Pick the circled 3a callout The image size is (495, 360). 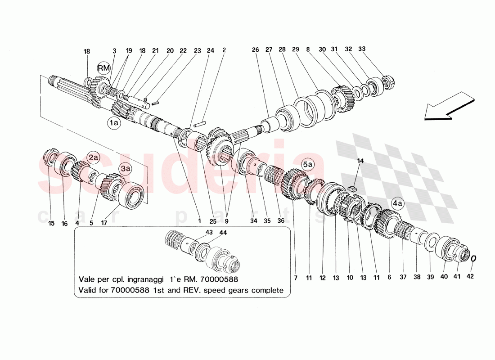click(126, 169)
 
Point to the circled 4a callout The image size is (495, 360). click(398, 202)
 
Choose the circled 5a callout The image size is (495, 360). click(308, 165)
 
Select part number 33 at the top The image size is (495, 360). click(362, 49)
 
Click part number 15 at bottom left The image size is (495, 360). click(51, 223)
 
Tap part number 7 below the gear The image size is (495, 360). click(295, 278)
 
